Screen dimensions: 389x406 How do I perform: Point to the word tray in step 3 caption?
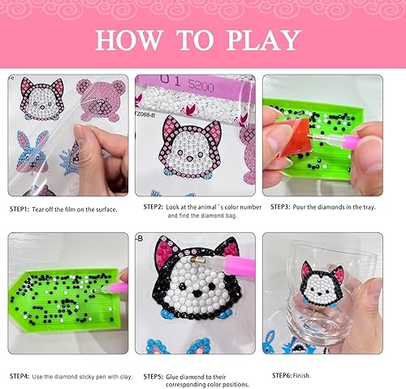[366, 208]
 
